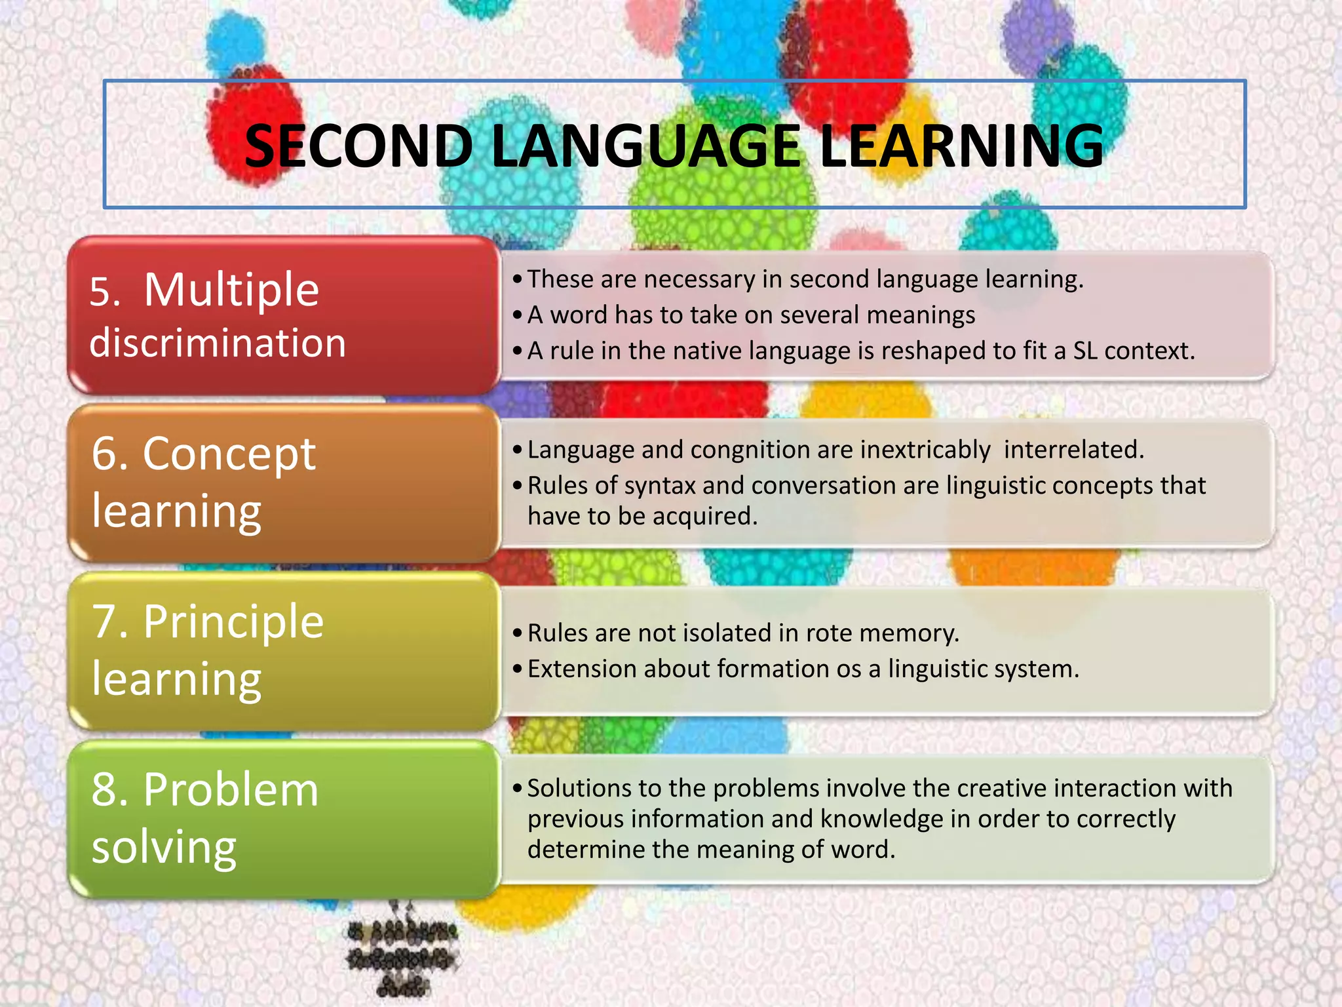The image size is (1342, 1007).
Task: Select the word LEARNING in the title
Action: (x=961, y=146)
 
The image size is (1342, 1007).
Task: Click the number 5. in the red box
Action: (x=105, y=292)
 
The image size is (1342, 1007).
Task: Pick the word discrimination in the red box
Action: (x=218, y=343)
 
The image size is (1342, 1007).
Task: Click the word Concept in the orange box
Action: (x=229, y=454)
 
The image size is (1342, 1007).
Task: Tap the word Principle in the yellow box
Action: (x=233, y=622)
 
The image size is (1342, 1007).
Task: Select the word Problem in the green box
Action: (x=231, y=789)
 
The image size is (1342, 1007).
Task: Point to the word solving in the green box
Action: (x=164, y=847)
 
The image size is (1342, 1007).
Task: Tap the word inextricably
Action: (x=925, y=450)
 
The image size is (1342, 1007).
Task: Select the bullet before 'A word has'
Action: (x=518, y=316)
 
